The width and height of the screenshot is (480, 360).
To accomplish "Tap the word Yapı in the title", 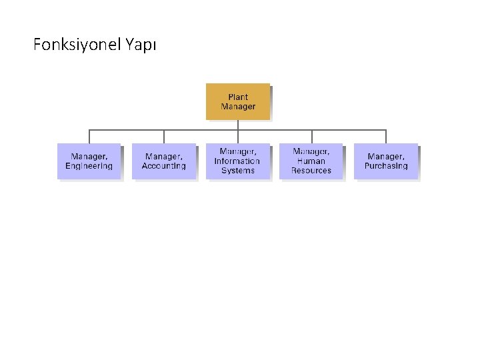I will coord(141,45).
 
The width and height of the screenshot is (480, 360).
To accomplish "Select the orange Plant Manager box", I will coord(238,101).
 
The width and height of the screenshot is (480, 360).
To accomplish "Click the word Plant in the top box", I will coord(238,97).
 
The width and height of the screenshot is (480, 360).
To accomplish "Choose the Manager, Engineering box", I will coord(89,161).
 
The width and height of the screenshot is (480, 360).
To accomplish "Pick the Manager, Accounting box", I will coord(163,161).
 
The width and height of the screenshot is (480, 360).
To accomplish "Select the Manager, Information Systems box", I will coord(237,161).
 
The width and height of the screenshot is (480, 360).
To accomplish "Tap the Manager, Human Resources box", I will coord(311,161).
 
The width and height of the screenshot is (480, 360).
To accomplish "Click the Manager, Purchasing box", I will coord(386,161).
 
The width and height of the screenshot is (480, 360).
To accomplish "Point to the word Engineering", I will coord(89,166).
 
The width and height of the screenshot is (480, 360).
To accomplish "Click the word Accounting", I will coord(163,166).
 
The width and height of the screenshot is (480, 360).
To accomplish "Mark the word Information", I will coord(237,161).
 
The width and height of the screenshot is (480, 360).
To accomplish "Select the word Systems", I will coord(238,171).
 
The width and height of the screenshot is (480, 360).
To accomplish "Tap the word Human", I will coord(311,161).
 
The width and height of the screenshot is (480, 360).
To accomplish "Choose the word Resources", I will coord(311,171).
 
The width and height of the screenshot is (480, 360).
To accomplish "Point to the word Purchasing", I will coord(386,166).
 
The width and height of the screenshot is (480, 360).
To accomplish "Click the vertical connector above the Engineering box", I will coord(89,136).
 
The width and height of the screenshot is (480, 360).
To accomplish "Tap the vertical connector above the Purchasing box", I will coord(386,136).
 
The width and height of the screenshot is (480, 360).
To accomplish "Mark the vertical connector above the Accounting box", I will coord(164,136).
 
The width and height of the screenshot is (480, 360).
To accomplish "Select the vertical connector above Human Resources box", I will coord(311,136).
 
